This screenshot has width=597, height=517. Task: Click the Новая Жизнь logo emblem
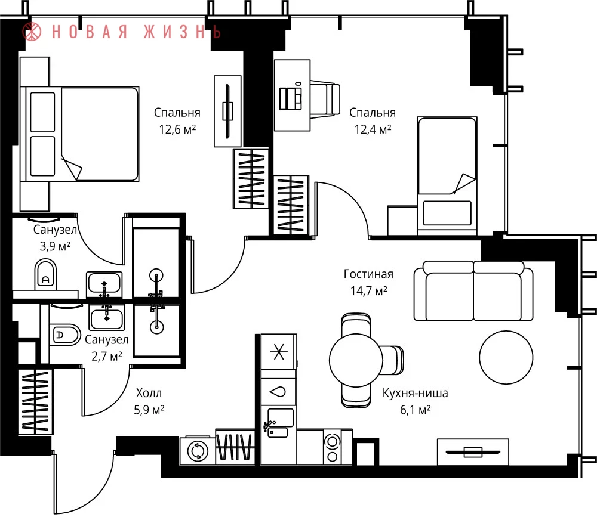tap(32, 31)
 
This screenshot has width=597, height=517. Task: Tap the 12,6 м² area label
tap(177, 129)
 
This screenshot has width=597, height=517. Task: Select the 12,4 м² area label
tap(373, 129)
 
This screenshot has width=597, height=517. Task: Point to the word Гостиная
tap(368, 274)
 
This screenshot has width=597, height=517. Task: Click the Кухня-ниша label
tap(415, 393)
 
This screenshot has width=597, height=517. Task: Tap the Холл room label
tap(149, 393)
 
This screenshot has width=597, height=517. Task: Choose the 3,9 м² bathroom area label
tap(55, 246)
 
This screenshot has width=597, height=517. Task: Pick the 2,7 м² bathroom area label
tap(107, 356)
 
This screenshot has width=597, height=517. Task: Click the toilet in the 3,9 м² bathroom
tap(45, 275)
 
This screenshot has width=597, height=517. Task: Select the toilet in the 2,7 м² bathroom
tap(64, 335)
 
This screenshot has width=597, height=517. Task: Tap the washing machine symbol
tap(198, 451)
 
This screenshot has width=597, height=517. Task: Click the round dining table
tap(356, 360)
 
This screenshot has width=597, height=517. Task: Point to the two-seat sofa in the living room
tap(473, 290)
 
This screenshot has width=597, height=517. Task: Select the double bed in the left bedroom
tap(79, 134)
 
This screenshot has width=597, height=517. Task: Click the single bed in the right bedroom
tap(447, 176)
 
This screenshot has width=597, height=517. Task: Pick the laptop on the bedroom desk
tap(291, 98)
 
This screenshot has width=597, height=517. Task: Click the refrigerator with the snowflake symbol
tap(278, 351)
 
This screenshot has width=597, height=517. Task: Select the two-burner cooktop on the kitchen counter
tap(333, 447)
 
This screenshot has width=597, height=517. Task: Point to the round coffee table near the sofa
tap(506, 357)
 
